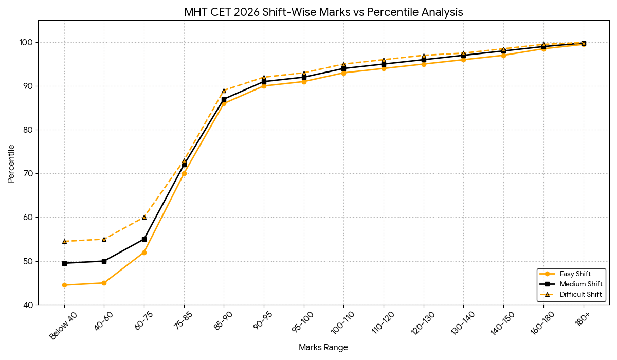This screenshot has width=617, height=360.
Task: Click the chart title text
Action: coord(323,12)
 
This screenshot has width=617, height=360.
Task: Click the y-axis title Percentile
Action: coord(11,164)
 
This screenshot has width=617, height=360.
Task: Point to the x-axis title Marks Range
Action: coord(323,348)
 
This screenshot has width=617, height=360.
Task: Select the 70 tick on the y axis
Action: coord(29,173)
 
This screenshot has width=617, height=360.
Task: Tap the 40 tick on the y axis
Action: coord(29,305)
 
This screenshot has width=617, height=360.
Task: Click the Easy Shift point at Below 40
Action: coord(64,285)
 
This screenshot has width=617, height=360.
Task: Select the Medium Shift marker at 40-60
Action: coord(104,261)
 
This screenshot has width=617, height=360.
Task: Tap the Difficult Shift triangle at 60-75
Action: coord(144,217)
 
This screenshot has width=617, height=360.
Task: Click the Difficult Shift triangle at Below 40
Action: coord(64,241)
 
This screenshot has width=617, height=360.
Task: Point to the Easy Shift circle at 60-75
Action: coord(144,253)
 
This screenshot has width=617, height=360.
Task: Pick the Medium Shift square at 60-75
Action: coord(144,239)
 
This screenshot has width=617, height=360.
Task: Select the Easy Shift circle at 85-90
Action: coord(224,103)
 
